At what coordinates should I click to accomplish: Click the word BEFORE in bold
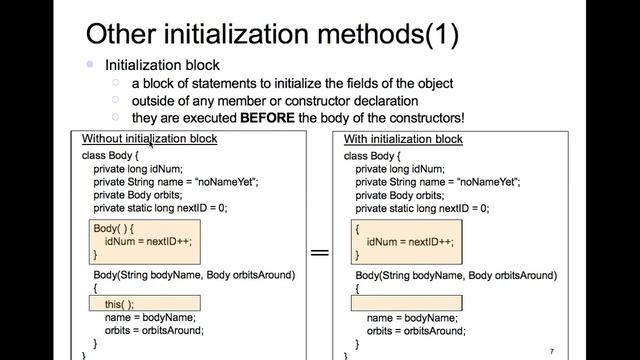267,118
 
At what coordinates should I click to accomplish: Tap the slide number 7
552,351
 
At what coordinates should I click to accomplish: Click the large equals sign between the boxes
320,252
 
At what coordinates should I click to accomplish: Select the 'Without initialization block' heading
149,139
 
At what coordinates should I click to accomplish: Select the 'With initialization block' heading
403,139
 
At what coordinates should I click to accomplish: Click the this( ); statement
119,304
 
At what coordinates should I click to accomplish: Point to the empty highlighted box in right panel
407,303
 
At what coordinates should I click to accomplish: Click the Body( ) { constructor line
113,228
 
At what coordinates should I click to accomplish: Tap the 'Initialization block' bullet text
162,65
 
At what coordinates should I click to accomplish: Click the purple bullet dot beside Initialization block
90,64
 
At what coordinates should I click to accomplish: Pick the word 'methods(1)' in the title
388,34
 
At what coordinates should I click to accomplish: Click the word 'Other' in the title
121,34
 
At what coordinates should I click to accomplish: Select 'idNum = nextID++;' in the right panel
410,242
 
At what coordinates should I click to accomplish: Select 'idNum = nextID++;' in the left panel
148,242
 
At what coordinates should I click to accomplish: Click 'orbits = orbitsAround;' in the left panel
154,331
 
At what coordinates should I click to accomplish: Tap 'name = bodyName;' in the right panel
412,318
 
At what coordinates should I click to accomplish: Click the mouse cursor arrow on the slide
151,144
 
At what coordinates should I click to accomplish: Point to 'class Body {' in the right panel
372,156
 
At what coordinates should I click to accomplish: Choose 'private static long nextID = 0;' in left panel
160,208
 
